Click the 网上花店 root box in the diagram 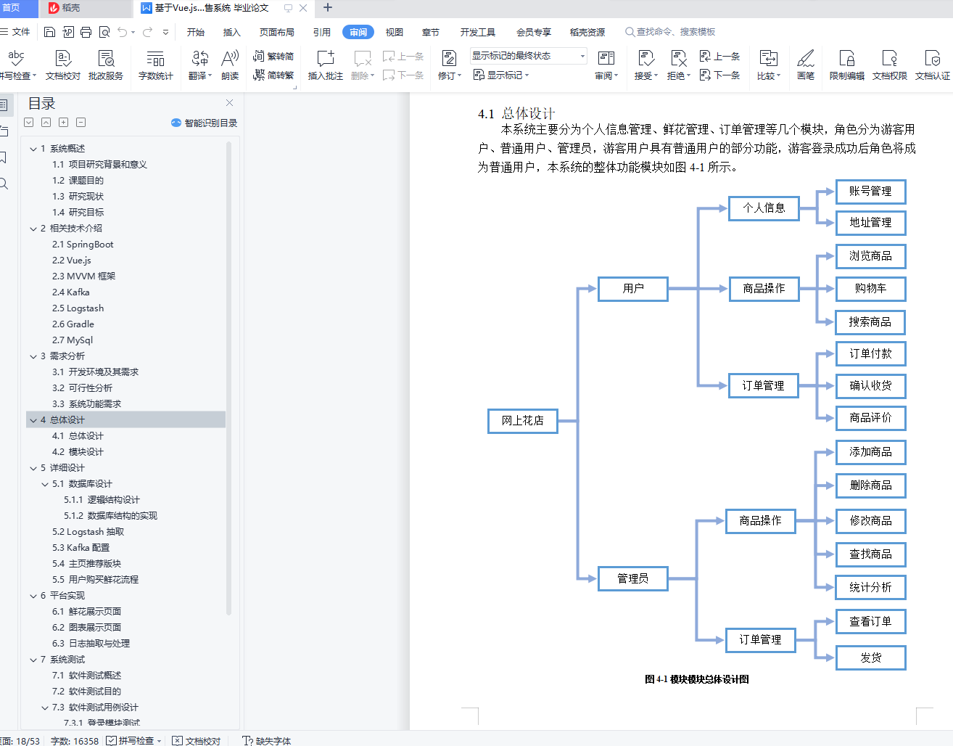(x=522, y=421)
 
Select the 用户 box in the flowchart (x=632, y=289)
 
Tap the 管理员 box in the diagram (x=632, y=578)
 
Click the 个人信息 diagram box (x=763, y=208)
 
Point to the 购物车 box (x=870, y=289)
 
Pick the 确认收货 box (x=870, y=386)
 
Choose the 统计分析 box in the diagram (x=870, y=588)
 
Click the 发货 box (x=870, y=658)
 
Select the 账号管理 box (x=870, y=192)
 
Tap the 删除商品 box (x=870, y=485)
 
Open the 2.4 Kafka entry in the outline (x=71, y=292)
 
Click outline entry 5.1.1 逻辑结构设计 (x=102, y=500)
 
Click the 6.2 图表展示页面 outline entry (x=86, y=628)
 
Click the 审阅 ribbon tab (x=358, y=32)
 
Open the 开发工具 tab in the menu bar (x=477, y=32)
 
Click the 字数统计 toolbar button (x=155, y=65)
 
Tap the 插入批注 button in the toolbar (x=325, y=65)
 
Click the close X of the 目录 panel (x=230, y=103)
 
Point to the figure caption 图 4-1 (x=696, y=680)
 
